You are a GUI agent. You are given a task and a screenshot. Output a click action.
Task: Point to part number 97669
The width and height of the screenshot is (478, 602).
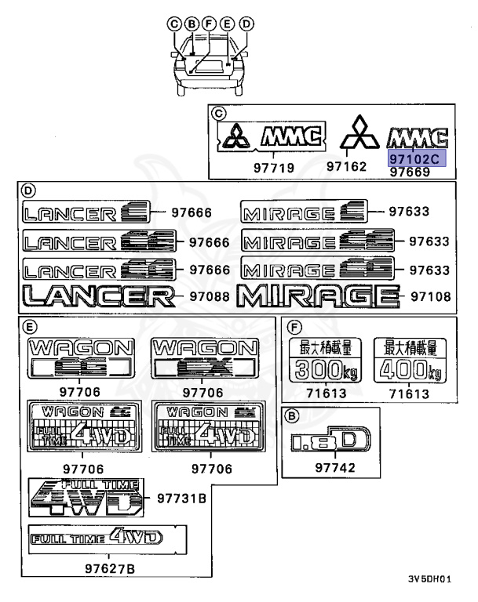[x=410, y=172]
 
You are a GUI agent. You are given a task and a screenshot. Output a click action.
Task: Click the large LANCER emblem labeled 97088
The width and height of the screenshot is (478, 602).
[x=98, y=296]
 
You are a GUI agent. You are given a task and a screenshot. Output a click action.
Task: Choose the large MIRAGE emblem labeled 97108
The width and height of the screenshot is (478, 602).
[x=316, y=296]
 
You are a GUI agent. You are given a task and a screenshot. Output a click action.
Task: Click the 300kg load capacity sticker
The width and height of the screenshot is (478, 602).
[x=321, y=360]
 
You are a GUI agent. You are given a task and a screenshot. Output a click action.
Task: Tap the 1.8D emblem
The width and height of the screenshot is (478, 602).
[x=329, y=442]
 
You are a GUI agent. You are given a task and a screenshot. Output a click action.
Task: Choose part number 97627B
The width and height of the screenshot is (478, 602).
[x=109, y=568]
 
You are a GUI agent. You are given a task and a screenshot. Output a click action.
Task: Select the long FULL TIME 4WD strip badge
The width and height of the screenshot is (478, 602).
[x=95, y=538]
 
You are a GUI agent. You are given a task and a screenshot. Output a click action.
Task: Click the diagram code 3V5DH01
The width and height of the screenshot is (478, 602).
[x=429, y=580]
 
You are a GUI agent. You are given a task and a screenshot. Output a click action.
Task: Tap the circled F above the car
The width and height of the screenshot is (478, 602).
[x=209, y=24]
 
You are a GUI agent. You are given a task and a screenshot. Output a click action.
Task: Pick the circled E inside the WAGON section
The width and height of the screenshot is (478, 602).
[x=27, y=327]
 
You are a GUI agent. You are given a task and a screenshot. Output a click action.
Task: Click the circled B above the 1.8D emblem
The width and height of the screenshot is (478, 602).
[x=292, y=415]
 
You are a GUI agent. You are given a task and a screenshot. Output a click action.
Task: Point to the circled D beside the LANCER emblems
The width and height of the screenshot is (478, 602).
[x=27, y=191]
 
